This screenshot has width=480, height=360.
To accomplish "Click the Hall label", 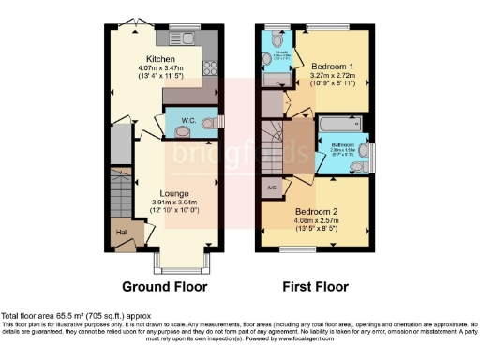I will pyautogui.click(x=120, y=232).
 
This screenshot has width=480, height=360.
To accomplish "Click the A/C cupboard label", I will pyautogui.click(x=270, y=186).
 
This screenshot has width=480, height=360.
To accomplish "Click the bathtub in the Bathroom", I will pyautogui.click(x=339, y=123).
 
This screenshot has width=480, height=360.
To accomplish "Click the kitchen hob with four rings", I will pyautogui.click(x=209, y=67).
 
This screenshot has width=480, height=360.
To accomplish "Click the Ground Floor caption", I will pyautogui.click(x=164, y=286).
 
